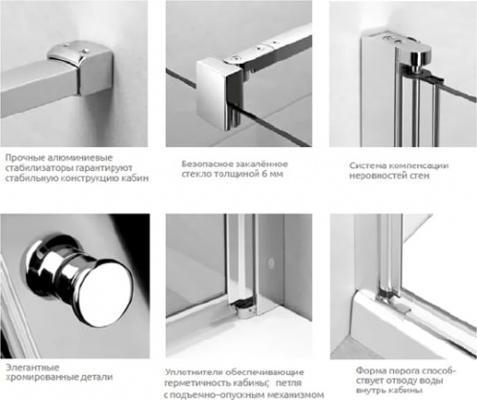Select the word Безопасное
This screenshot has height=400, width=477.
[206, 164]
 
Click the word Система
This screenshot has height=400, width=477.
[367, 166]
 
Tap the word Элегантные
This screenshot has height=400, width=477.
[32, 368]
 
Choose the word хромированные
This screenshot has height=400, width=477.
[42, 377]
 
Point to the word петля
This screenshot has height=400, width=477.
[288, 383]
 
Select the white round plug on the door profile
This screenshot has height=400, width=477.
[271, 263]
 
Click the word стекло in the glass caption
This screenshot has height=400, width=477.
[197, 174]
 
